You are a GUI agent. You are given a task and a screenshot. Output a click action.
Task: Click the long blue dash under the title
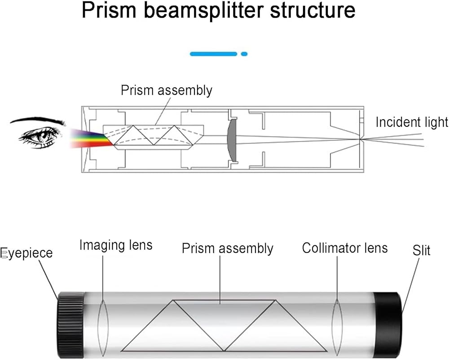point(213,54)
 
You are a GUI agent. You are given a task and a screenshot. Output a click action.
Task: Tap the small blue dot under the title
point(244,54)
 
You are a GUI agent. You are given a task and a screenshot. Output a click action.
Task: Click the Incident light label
point(412,122)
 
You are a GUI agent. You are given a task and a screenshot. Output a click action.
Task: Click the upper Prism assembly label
point(166,90)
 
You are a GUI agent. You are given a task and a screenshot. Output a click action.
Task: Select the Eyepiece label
point(27,253)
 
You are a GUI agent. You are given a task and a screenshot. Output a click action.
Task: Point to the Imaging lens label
point(116,245)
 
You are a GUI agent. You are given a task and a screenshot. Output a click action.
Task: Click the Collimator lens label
point(344,248)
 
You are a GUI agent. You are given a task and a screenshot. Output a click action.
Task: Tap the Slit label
point(421,250)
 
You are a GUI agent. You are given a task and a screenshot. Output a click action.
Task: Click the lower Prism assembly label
point(227,249)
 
